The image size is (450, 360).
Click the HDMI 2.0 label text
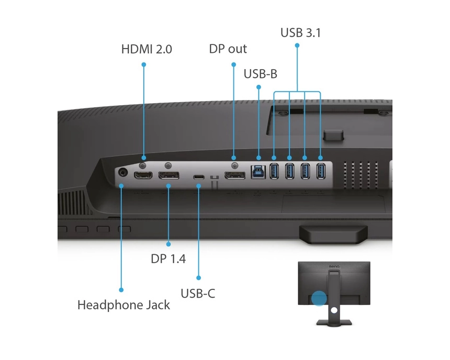click(x=147, y=49)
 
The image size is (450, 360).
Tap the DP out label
click(x=228, y=49)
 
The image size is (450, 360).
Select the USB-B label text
click(x=260, y=74)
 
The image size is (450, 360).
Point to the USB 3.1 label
click(x=300, y=33)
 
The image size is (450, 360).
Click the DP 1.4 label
click(x=168, y=259)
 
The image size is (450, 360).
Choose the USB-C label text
click(x=198, y=294)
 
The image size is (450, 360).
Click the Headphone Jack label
click(x=123, y=305)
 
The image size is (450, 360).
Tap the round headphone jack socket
click(x=123, y=173)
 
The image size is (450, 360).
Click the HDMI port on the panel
click(x=143, y=175)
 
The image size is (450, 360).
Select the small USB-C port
click(x=199, y=177)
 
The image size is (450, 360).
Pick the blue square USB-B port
click(x=258, y=172)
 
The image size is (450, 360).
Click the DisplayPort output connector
click(x=235, y=175)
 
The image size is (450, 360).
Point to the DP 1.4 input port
click(x=168, y=175)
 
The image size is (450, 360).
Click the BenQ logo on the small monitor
click(x=334, y=267)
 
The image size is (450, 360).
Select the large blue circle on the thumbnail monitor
click(x=319, y=298)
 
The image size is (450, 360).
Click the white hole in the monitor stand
click(x=334, y=310)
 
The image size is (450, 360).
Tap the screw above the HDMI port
click(x=143, y=165)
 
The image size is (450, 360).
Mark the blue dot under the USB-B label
click(x=258, y=87)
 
